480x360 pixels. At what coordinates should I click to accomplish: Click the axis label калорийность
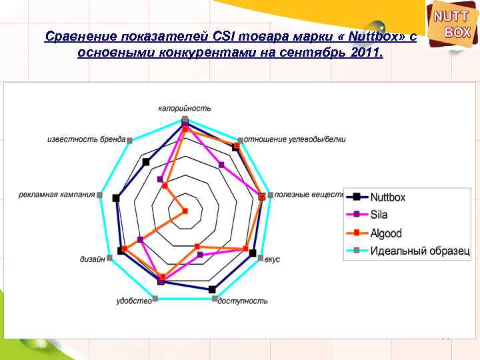pyautogui.click(x=185, y=108)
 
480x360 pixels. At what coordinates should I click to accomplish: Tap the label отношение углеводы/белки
pyautogui.click(x=295, y=139)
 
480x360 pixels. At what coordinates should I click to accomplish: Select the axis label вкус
pyautogui.click(x=272, y=259)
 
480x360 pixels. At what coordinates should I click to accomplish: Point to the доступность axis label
pyautogui.click(x=243, y=301)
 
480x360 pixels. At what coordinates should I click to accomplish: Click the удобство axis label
pyautogui.click(x=133, y=301)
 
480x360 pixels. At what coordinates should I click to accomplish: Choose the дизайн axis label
pyautogui.click(x=91, y=259)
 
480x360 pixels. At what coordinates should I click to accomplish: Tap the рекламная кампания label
pyautogui.click(x=57, y=195)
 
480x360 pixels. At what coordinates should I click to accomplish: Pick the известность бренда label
pyautogui.click(x=86, y=139)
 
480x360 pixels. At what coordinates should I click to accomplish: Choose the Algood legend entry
pyautogui.click(x=386, y=233)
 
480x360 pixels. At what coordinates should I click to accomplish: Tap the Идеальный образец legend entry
pyautogui.click(x=419, y=251)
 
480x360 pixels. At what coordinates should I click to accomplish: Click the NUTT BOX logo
pyautogui.click(x=453, y=25)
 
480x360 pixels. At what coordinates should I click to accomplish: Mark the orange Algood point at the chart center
pyautogui.click(x=185, y=211)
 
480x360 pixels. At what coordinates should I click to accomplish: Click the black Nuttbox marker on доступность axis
pyautogui.click(x=212, y=289)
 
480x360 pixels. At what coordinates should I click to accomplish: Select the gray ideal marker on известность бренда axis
pyautogui.click(x=130, y=140)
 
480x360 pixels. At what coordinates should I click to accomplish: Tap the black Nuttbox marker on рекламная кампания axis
pyautogui.click(x=116, y=197)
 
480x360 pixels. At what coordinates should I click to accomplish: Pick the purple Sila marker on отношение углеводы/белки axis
pyautogui.click(x=221, y=165)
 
